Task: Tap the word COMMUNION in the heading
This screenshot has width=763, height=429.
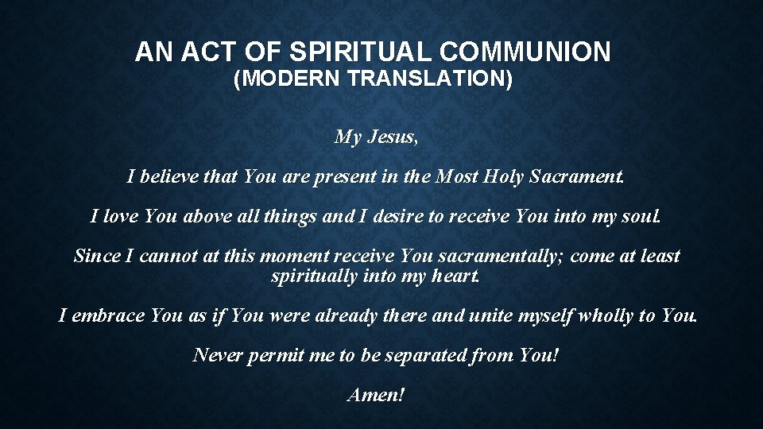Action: [525, 52]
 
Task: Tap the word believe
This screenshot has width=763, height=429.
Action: [169, 176]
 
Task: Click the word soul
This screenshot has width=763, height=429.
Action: [641, 216]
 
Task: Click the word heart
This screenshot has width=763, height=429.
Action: [455, 277]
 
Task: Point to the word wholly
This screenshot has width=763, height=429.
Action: [606, 316]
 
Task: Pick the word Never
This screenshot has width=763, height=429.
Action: [217, 355]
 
